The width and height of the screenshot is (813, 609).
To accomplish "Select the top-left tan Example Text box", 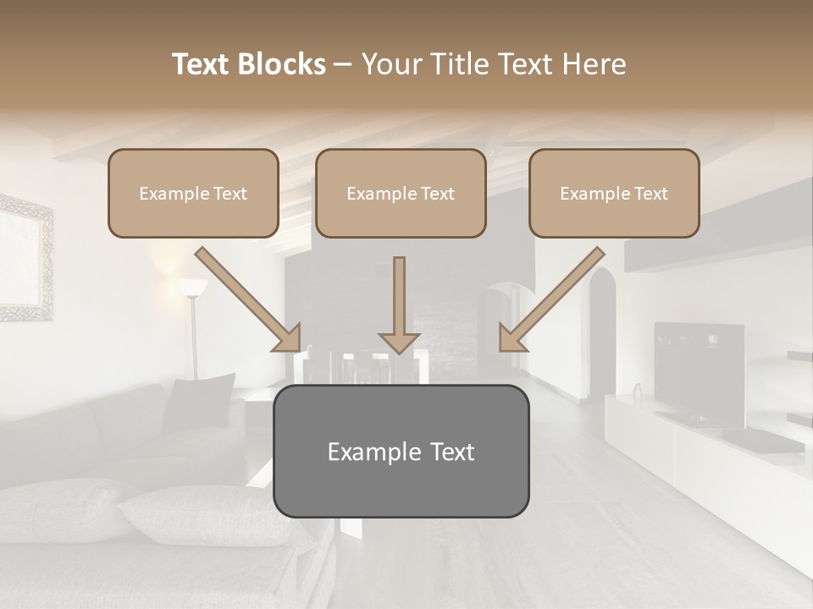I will (193, 194).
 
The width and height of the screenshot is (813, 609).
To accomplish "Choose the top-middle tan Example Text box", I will (401, 194).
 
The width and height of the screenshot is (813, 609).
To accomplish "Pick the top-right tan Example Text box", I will (614, 194).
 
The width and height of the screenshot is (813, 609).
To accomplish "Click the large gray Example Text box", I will (401, 451).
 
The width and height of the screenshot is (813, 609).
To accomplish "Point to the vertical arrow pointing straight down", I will (399, 304).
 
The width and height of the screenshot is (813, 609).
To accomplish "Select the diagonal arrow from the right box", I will (551, 299).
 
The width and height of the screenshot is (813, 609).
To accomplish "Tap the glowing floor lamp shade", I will (192, 288).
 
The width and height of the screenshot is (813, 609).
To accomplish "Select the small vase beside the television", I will (638, 392).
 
